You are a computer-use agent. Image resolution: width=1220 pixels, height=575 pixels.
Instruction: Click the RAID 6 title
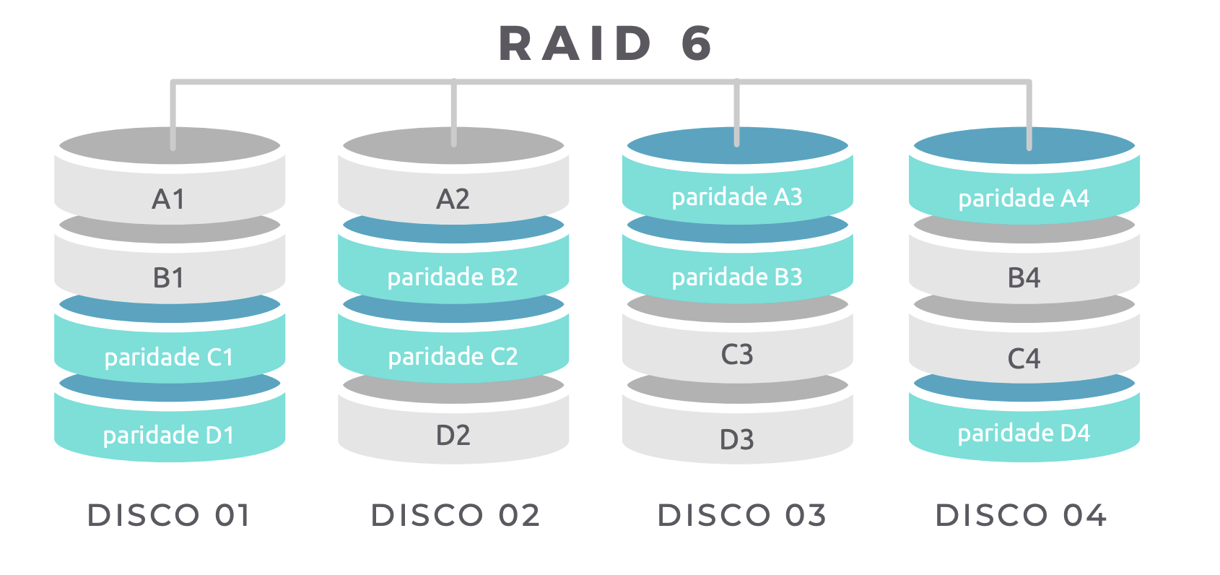(606, 43)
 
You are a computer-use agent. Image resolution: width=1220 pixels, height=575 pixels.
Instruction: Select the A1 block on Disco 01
(169, 199)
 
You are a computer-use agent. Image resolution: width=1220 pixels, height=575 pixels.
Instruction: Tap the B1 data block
(169, 277)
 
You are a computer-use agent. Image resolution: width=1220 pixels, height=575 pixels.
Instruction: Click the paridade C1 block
(169, 357)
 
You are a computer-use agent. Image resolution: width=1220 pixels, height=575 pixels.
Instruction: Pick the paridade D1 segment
(169, 435)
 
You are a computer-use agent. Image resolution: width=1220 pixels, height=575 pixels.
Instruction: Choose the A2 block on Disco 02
(453, 199)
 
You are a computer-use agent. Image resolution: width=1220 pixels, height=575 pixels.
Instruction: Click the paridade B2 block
(453, 277)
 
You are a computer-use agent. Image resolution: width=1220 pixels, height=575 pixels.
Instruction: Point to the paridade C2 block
(453, 356)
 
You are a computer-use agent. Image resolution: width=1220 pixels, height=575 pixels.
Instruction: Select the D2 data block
(453, 435)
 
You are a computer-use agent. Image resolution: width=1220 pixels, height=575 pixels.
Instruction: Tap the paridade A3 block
(737, 196)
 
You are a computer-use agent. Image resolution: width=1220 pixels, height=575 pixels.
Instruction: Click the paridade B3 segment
(737, 277)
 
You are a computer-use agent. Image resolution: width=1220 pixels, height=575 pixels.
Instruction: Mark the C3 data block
(737, 355)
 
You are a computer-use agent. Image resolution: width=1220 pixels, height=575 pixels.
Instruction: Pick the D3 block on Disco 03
(737, 439)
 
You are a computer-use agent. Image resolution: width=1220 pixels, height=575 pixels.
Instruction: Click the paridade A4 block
(1024, 198)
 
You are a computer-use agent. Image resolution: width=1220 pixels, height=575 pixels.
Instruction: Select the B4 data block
(1024, 277)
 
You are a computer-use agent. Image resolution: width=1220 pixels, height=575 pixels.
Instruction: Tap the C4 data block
(1024, 358)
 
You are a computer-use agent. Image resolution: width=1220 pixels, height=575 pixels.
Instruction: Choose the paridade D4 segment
(1024, 433)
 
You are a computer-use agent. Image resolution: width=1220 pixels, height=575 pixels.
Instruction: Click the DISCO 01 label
(169, 515)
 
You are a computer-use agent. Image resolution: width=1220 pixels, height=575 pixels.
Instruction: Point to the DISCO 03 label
(741, 515)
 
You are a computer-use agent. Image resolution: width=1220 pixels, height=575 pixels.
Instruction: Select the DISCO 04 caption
(1021, 515)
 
